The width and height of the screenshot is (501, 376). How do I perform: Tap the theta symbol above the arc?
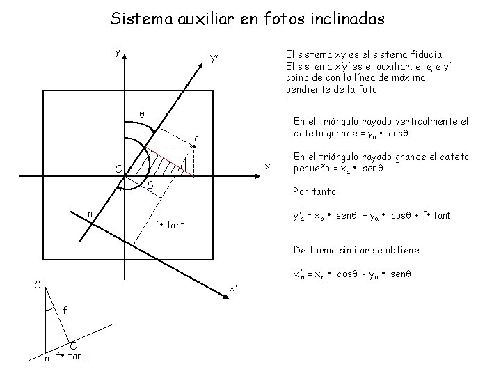coord(141,113)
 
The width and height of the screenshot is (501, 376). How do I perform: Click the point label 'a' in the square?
coord(197,139)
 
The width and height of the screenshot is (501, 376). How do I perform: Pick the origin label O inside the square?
coord(119,169)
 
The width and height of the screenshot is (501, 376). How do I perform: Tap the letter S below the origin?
coord(150,185)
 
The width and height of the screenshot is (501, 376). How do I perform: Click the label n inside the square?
coord(89,213)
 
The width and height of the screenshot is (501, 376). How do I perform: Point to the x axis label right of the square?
coord(266,166)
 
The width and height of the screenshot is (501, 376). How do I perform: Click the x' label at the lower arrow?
coord(234,289)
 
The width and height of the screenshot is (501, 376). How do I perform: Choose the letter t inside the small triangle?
coord(51,314)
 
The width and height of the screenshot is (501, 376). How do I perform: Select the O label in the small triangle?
coord(73,345)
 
